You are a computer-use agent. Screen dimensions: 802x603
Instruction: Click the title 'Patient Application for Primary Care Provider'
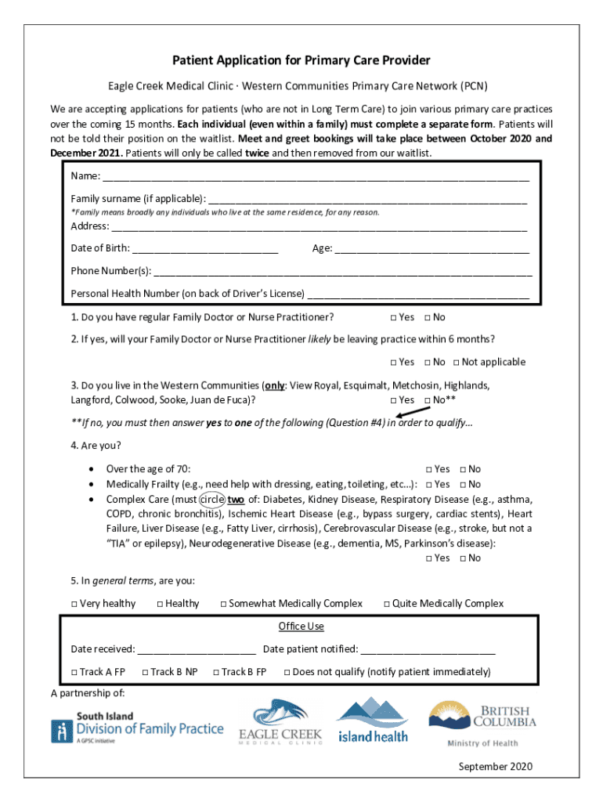pyautogui.click(x=301, y=61)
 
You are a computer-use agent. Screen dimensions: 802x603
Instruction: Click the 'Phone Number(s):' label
pyautogui.click(x=111, y=271)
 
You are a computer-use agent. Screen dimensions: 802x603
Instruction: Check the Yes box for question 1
pyautogui.click(x=394, y=317)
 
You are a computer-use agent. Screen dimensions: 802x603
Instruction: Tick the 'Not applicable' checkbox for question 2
pyautogui.click(x=457, y=362)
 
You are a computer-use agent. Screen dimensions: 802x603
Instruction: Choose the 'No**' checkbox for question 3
pyautogui.click(x=428, y=400)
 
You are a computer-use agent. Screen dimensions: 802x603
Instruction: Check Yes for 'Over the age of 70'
pyautogui.click(x=429, y=469)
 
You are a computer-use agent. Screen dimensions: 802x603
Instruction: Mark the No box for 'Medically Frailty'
pyautogui.click(x=464, y=485)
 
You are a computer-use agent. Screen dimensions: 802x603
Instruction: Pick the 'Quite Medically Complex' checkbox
pyautogui.click(x=387, y=604)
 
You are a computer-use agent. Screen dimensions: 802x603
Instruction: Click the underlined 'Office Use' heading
pyautogui.click(x=301, y=627)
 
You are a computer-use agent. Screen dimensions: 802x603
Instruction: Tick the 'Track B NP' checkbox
pyautogui.click(x=145, y=672)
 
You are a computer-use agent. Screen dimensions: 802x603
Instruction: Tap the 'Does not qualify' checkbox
pyautogui.click(x=287, y=672)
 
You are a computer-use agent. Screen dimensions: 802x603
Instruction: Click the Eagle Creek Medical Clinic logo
pyautogui.click(x=280, y=721)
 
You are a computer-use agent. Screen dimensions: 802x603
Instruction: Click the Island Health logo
pyautogui.click(x=373, y=721)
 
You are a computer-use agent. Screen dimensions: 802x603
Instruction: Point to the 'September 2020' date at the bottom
pyautogui.click(x=495, y=766)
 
